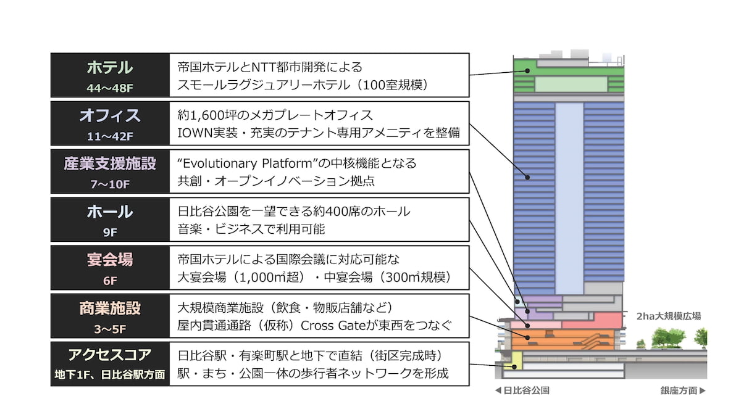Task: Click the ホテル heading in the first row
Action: [110, 67]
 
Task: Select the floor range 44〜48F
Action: [110, 88]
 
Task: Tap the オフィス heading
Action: [110, 115]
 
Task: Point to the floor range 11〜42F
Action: [110, 136]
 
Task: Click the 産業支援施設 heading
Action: [110, 163]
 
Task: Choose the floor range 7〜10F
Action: [110, 184]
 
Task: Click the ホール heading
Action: [110, 212]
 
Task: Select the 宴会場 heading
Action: [110, 260]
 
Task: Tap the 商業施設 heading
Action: [110, 308]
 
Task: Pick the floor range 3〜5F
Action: [110, 328]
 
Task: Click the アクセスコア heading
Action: [110, 355]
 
